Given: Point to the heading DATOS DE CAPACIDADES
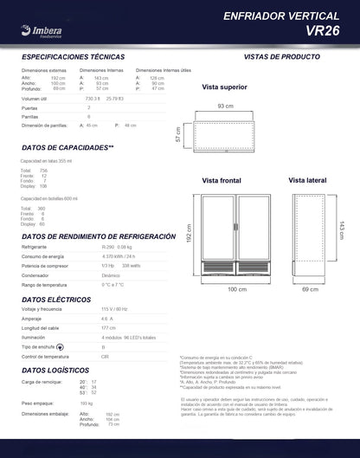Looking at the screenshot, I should click(x=67, y=147).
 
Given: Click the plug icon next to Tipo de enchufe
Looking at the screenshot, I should click(x=84, y=345).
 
